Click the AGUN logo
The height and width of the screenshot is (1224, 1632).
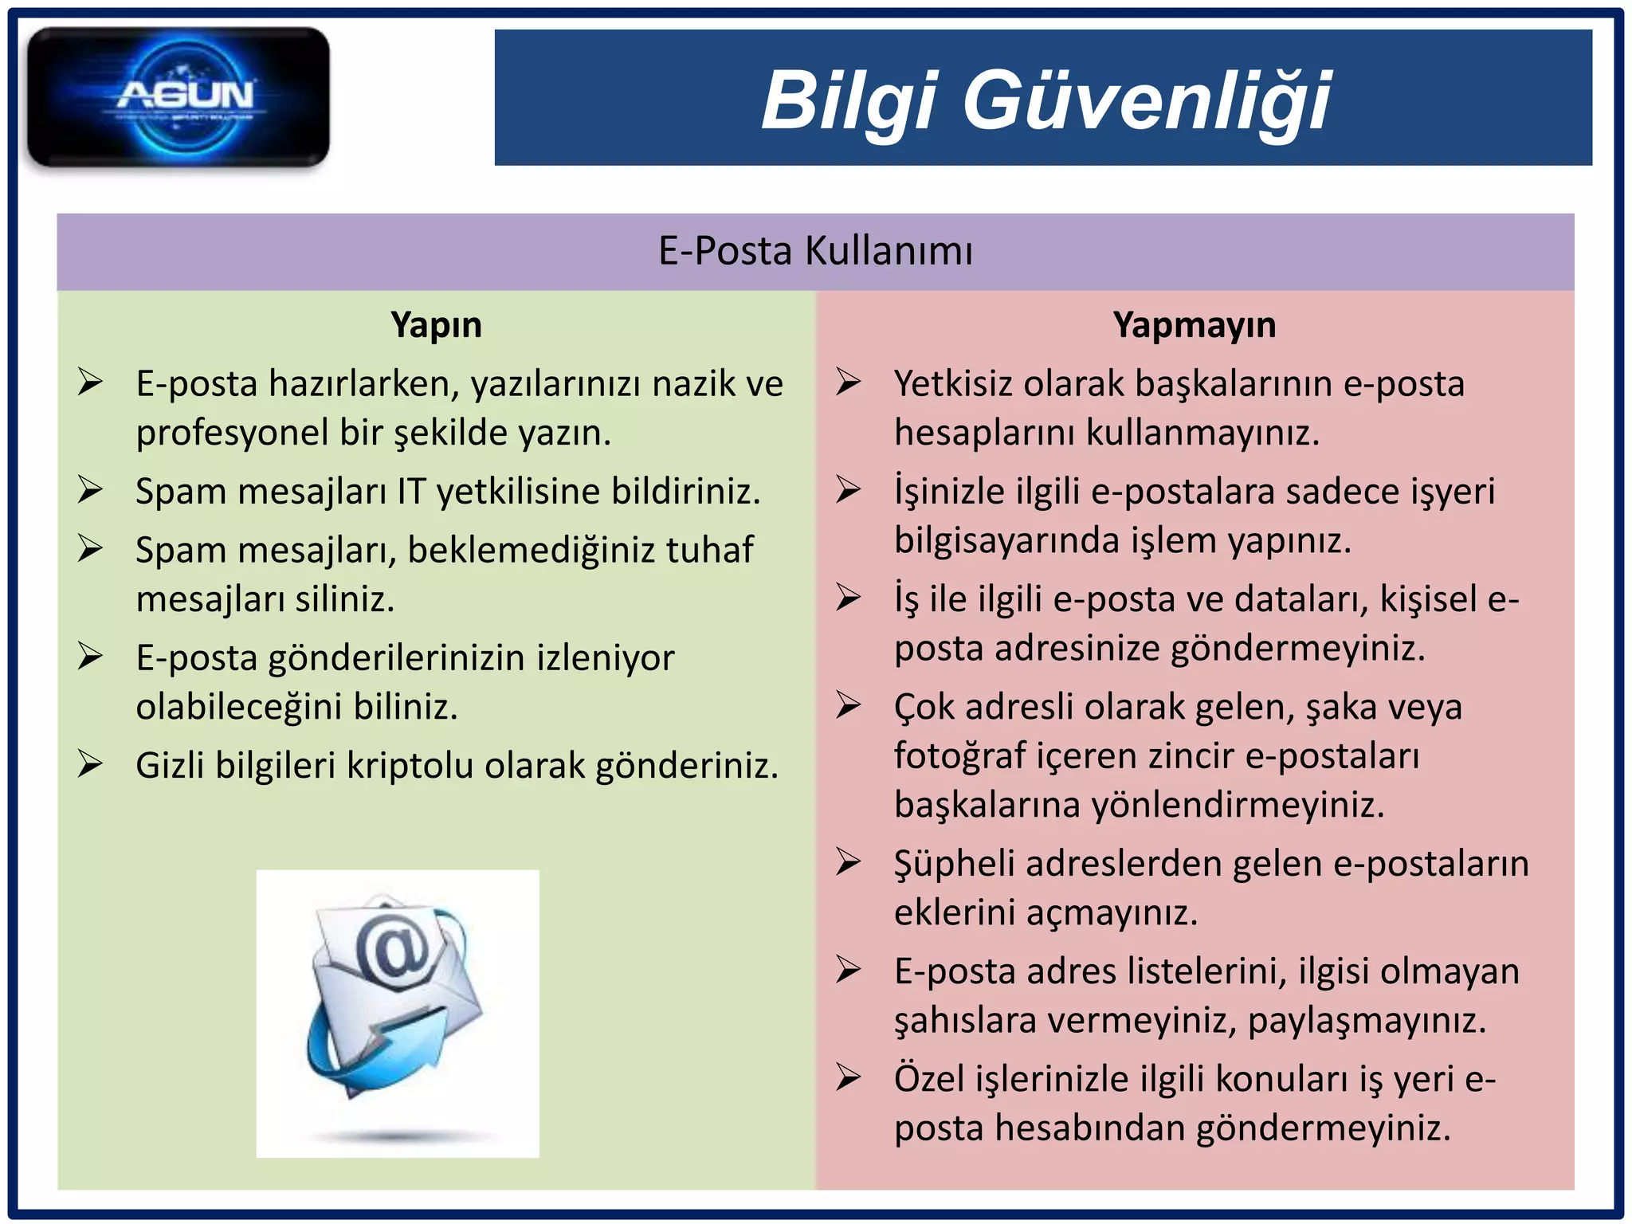point(178,97)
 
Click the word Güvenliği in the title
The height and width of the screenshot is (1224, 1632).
point(1147,101)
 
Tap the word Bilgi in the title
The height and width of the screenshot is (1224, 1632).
point(848,101)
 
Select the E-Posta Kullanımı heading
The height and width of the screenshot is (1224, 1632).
point(815,251)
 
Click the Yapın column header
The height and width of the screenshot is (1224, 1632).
point(436,325)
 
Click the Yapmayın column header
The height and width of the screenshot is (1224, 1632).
point(1194,325)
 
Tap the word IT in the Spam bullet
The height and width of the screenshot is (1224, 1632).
point(411,492)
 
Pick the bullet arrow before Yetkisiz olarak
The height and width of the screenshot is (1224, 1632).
point(848,382)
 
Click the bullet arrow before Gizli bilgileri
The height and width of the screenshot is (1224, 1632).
point(90,764)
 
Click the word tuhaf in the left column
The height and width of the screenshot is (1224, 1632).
point(709,550)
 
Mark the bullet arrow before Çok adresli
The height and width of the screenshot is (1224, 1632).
point(848,706)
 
